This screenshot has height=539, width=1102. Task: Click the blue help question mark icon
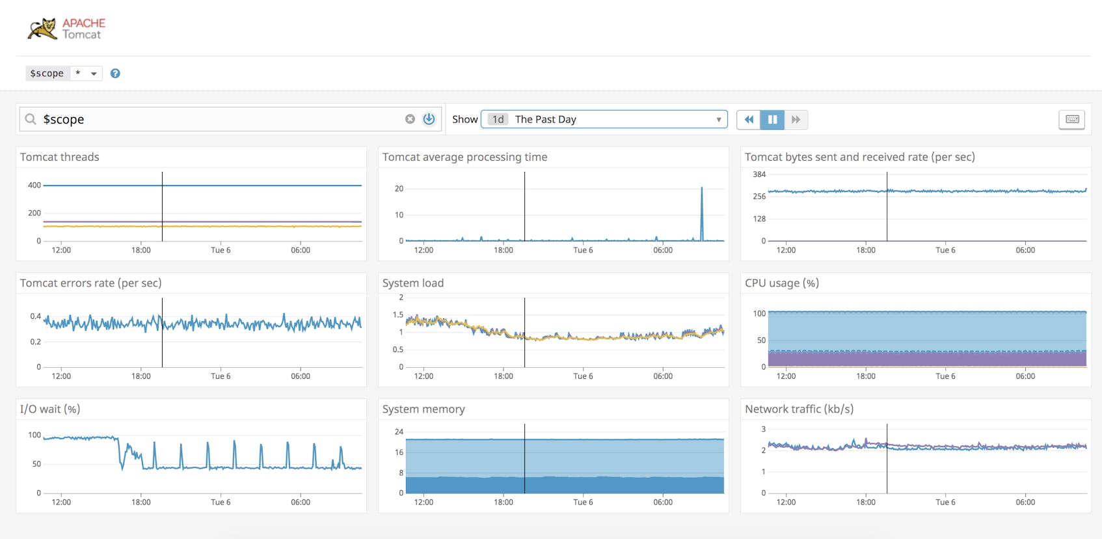tap(115, 74)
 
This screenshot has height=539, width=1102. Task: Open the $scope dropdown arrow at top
tap(94, 74)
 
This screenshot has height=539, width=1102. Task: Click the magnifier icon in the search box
tap(31, 119)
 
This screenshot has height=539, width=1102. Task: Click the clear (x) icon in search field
tap(410, 119)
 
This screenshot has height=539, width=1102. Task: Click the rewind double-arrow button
tap(749, 119)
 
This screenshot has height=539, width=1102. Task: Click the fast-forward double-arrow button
tap(796, 119)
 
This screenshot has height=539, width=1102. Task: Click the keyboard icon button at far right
tap(1072, 119)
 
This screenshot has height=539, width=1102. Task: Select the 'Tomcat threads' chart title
tap(60, 157)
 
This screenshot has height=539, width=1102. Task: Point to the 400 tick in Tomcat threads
tap(34, 186)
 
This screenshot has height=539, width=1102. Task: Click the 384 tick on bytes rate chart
tap(759, 174)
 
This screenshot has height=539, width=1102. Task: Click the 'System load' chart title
tap(413, 283)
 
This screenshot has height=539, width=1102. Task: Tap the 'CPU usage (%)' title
tap(781, 283)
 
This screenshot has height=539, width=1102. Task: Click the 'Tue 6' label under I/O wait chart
tap(221, 503)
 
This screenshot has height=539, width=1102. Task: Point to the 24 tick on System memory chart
tap(399, 432)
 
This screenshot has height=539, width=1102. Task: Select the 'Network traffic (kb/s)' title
tap(799, 409)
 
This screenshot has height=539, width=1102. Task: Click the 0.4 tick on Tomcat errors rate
tap(35, 316)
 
